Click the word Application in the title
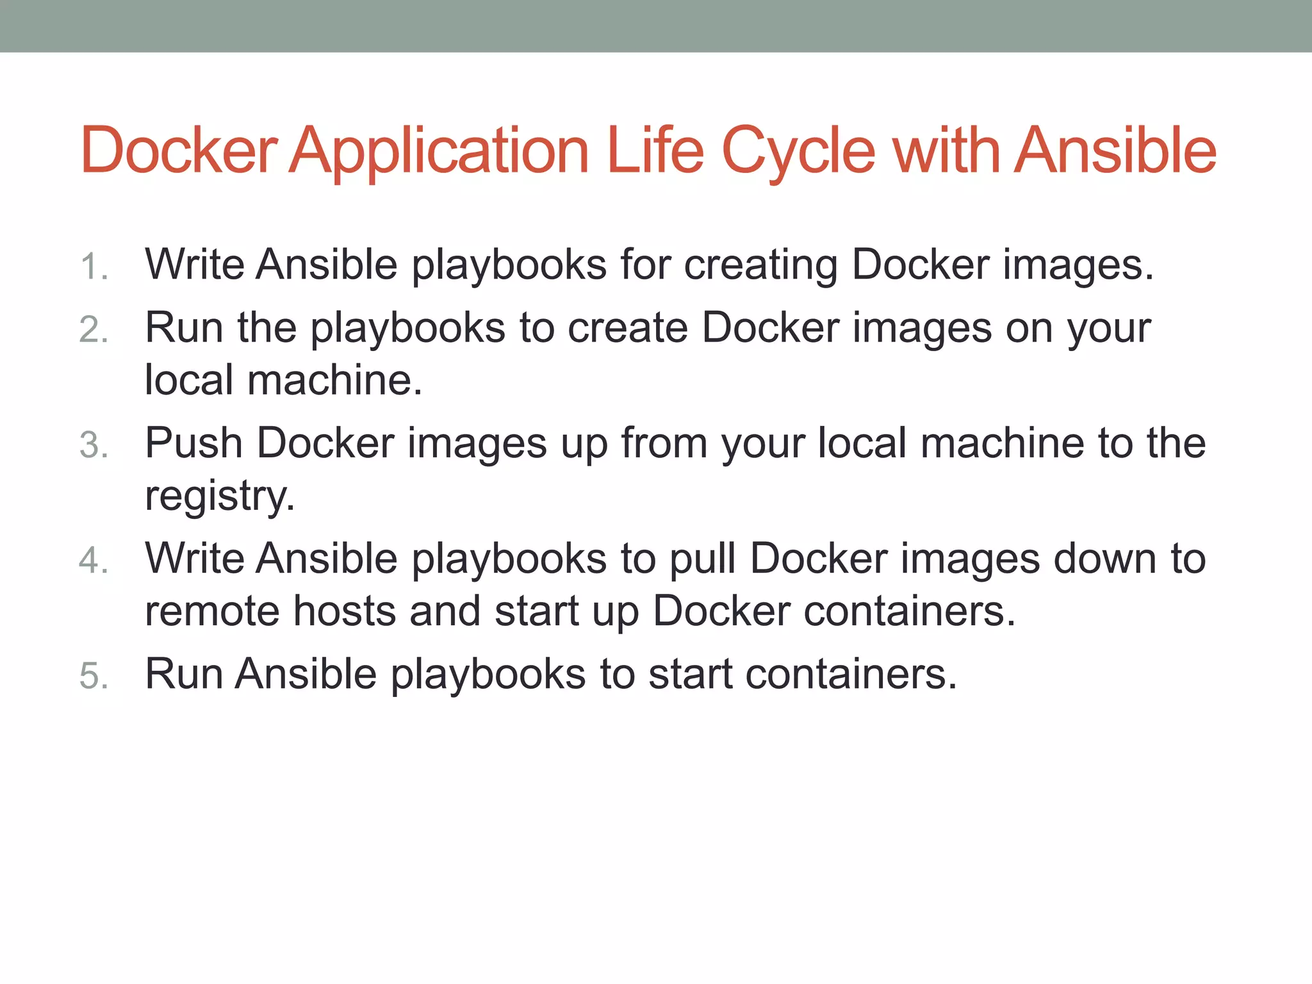point(439,151)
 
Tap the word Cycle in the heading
point(798,151)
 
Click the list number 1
point(93,266)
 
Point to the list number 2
point(94,330)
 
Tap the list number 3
point(94,445)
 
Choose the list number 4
point(94,561)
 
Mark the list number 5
point(94,676)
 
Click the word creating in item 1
point(760,265)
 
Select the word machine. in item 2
point(334,380)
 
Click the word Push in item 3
point(193,443)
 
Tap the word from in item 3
point(664,443)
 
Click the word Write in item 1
point(195,264)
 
